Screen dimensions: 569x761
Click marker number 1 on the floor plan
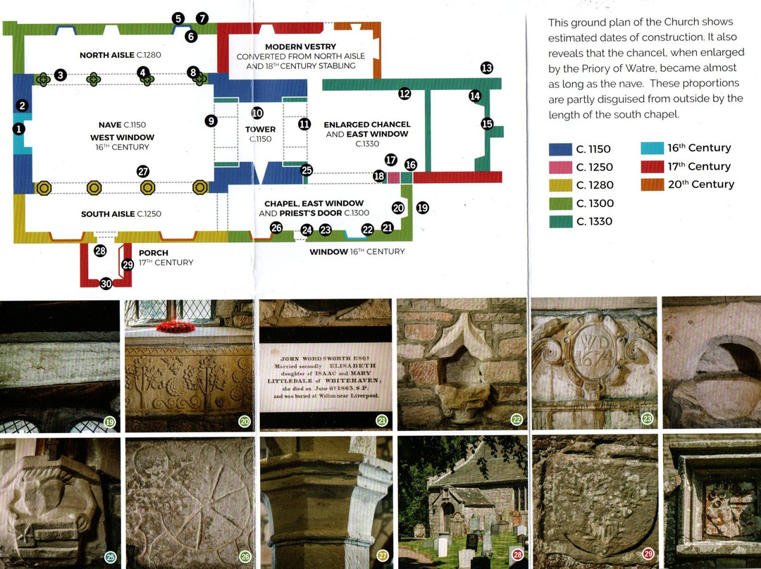[x=18, y=129]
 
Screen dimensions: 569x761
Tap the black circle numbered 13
[x=486, y=68]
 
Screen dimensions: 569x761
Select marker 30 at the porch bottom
[x=106, y=284]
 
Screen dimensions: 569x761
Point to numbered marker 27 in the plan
[x=143, y=172]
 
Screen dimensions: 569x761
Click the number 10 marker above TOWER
[x=257, y=113]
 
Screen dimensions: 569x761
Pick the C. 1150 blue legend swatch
[x=560, y=149]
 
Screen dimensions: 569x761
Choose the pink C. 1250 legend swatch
[x=560, y=167]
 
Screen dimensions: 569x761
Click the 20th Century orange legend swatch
[x=652, y=185]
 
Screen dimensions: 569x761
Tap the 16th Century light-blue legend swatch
[x=652, y=148]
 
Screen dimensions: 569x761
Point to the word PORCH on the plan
[x=154, y=253]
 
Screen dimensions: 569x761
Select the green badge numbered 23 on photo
[x=647, y=418]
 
